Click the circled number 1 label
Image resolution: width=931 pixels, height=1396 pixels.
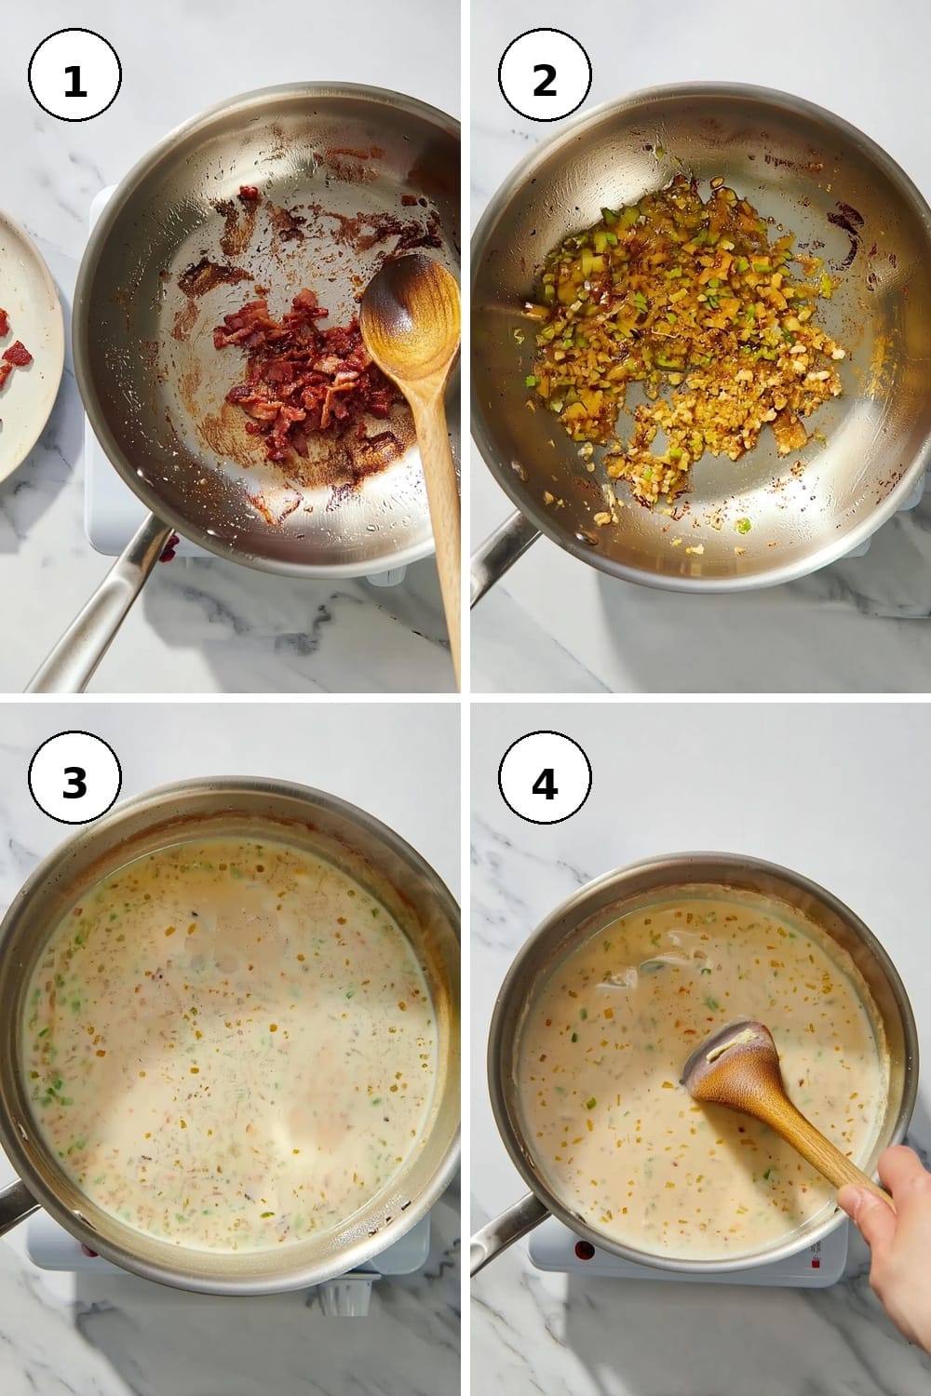coord(74,74)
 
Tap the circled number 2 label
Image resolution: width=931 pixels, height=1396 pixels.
coord(545,74)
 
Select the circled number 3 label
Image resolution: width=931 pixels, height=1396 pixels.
coord(74,777)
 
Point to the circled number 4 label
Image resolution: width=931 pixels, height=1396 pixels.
coord(545,777)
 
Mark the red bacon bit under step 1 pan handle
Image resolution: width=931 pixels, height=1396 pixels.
coord(169,548)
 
